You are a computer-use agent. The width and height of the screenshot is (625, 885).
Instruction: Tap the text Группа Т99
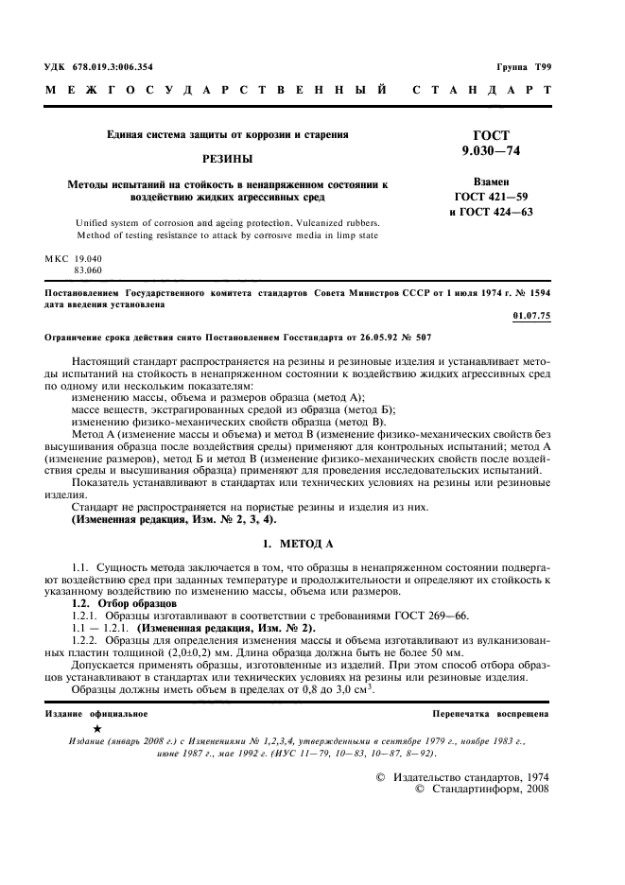pos(525,67)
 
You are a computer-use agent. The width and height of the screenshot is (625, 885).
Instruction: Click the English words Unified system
pos(103,222)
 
